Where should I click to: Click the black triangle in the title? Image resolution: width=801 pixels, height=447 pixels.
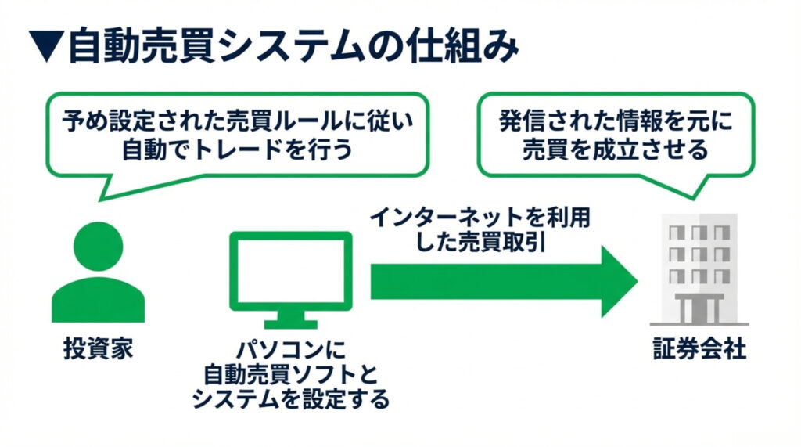click(45, 48)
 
